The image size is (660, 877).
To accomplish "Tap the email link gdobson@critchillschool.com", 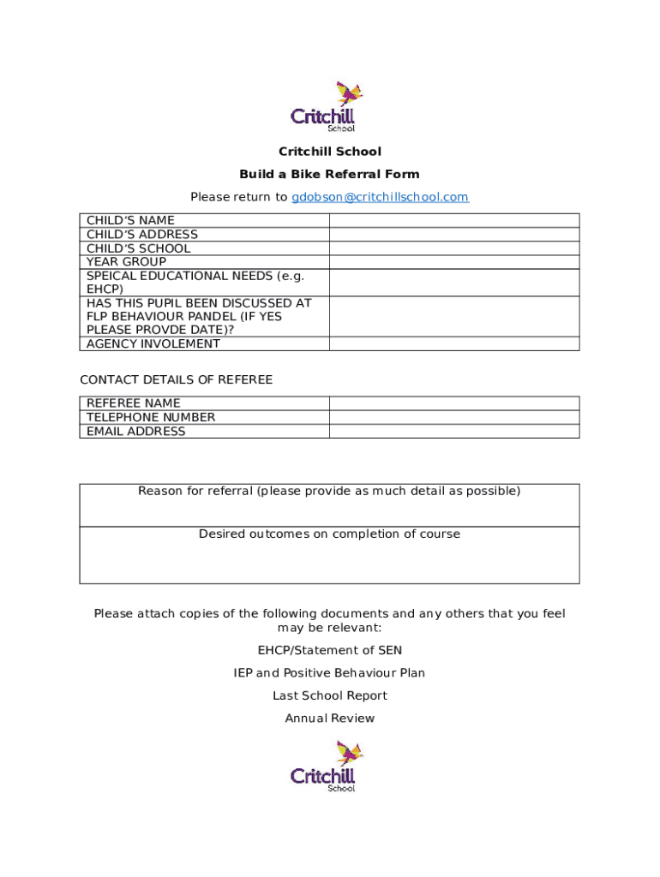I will pyautogui.click(x=380, y=197).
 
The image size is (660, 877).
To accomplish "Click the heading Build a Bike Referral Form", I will pyautogui.click(x=329, y=174).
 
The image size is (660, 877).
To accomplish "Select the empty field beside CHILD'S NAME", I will pyautogui.click(x=453, y=220).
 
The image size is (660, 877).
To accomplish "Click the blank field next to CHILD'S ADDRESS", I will pyautogui.click(x=453, y=234).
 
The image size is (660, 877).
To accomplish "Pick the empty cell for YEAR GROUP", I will pyautogui.click(x=453, y=261).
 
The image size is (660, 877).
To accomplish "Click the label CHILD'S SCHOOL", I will pyautogui.click(x=138, y=248).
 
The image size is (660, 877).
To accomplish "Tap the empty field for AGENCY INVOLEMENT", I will pyautogui.click(x=453, y=343).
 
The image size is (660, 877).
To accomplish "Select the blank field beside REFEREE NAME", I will pyautogui.click(x=453, y=403).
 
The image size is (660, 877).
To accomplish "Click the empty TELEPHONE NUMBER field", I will pyautogui.click(x=453, y=417).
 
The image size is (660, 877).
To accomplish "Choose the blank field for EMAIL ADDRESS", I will pyautogui.click(x=453, y=431).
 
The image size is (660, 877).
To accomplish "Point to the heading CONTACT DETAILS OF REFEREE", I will pyautogui.click(x=176, y=379).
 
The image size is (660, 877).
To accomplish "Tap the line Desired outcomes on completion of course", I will pyautogui.click(x=329, y=534).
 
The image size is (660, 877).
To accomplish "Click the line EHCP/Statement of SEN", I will pyautogui.click(x=329, y=650).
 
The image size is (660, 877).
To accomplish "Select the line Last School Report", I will pyautogui.click(x=329, y=695).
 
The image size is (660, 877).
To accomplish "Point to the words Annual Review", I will pyautogui.click(x=329, y=718).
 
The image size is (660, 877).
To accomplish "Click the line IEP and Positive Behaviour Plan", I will pyautogui.click(x=329, y=672).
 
